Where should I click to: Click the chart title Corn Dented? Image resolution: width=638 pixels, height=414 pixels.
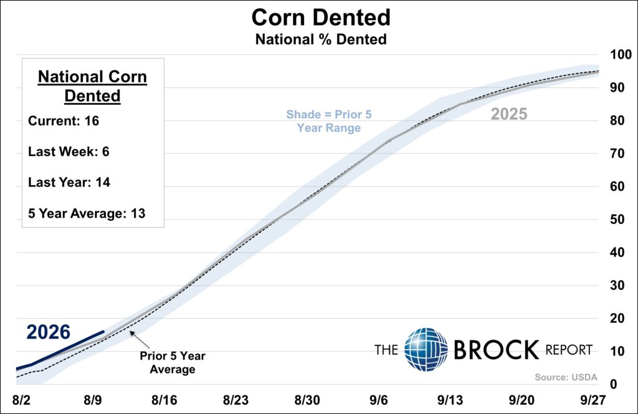(x=321, y=17)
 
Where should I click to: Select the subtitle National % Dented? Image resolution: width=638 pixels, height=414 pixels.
(x=321, y=39)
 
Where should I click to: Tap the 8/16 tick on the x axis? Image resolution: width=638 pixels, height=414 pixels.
(x=164, y=400)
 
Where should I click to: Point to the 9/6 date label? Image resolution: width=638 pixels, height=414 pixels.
(x=379, y=400)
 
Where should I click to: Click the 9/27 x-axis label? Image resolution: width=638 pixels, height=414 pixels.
(x=593, y=400)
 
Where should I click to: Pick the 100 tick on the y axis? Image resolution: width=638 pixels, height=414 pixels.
(x=621, y=54)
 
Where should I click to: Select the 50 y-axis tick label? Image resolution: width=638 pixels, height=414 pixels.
(x=617, y=219)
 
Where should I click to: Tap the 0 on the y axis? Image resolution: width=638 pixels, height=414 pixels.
(x=614, y=384)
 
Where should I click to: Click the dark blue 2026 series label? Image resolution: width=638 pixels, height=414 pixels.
(x=49, y=332)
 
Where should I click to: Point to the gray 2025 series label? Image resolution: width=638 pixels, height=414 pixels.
(x=509, y=114)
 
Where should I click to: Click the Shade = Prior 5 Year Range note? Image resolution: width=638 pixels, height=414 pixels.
(x=329, y=121)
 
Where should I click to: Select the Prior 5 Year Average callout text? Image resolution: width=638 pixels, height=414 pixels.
(x=173, y=362)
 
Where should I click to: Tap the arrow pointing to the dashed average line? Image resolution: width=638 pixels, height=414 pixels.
(x=140, y=340)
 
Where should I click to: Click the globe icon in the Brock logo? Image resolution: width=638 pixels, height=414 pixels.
(x=426, y=350)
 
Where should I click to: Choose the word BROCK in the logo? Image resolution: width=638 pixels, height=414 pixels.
(x=496, y=350)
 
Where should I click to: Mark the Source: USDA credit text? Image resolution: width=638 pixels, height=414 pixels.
(x=566, y=377)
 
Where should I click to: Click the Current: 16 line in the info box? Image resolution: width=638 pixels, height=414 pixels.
(x=64, y=121)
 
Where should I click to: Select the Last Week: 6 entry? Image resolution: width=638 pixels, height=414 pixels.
(x=69, y=152)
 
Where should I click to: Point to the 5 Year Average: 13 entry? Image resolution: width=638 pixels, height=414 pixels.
(x=87, y=213)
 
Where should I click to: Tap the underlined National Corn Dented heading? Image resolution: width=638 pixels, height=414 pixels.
(x=92, y=86)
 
